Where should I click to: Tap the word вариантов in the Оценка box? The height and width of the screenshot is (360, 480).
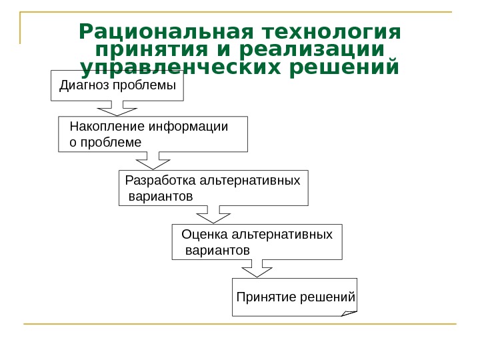[218, 250]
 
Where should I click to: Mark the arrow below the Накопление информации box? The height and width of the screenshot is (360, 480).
[154, 161]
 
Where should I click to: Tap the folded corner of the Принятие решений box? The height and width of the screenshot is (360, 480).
[349, 312]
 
